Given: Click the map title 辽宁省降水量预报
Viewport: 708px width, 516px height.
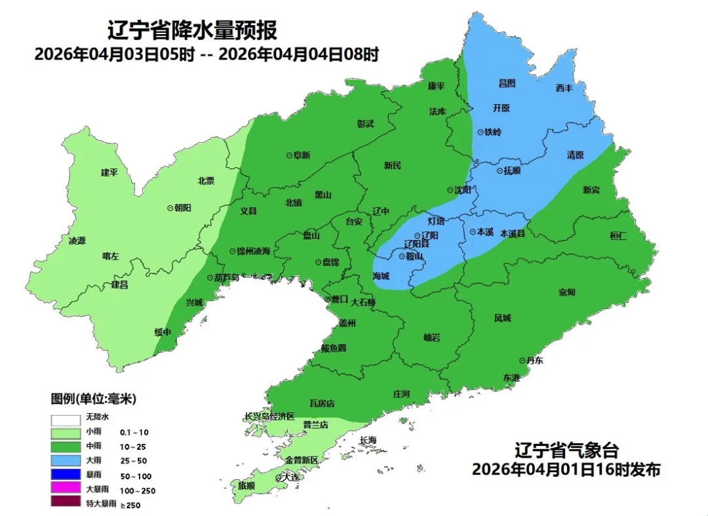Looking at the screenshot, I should click(192, 30).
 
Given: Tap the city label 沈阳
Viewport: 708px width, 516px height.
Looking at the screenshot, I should click(463, 190).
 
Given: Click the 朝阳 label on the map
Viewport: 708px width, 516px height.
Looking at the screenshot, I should click(183, 207).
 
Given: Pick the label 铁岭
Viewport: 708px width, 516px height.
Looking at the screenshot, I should click(493, 132).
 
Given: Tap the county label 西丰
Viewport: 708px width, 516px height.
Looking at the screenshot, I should click(564, 88).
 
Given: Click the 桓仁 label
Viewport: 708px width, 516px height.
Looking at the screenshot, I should click(618, 235).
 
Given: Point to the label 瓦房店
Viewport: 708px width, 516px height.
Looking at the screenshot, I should click(322, 403).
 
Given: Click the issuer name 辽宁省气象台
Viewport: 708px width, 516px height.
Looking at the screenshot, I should click(566, 451).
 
